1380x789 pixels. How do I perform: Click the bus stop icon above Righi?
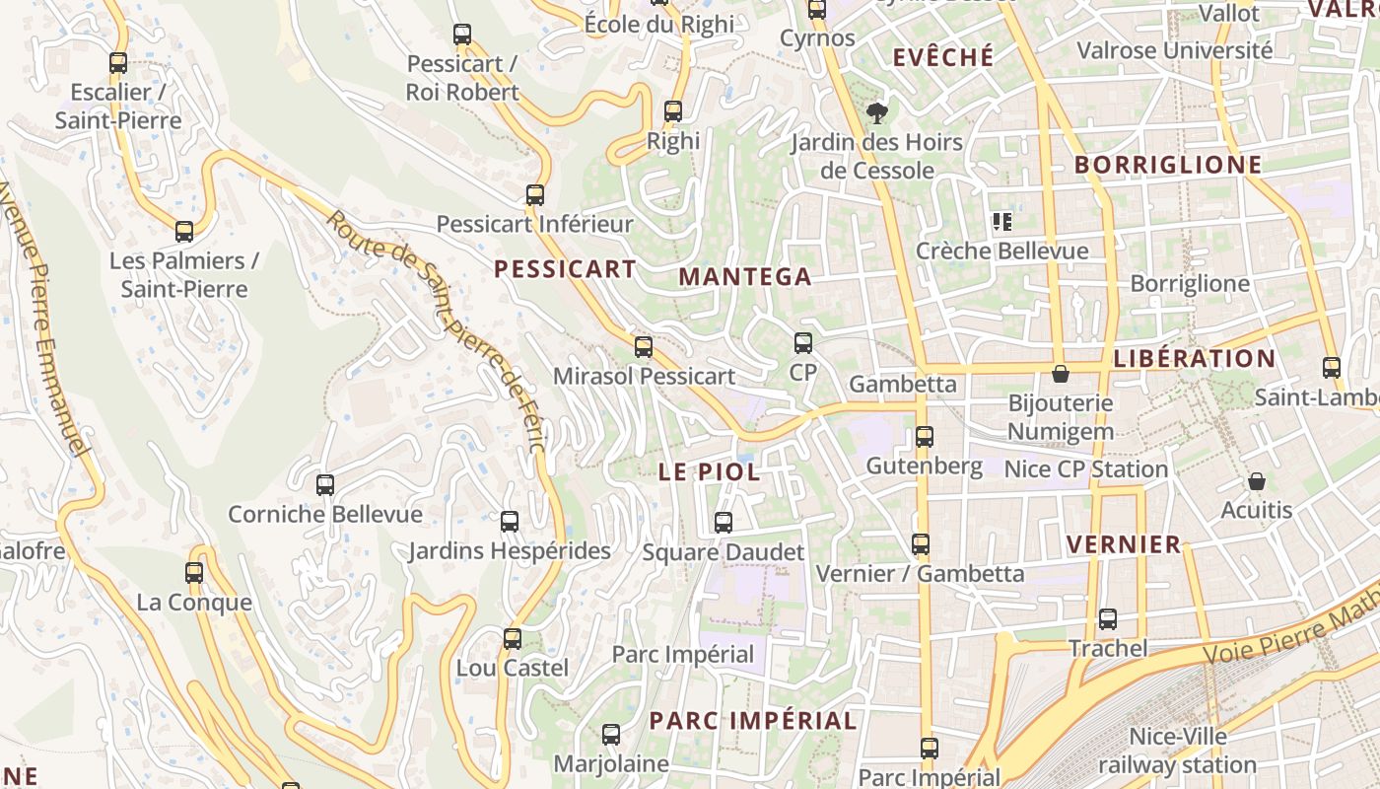pyautogui.click(x=673, y=111)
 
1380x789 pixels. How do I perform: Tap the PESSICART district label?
pyautogui.click(x=565, y=269)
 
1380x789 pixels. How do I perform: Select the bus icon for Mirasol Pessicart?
pyautogui.click(x=644, y=346)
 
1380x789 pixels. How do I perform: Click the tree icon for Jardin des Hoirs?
pyautogui.click(x=875, y=113)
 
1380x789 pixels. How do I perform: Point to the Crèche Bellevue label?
pyautogui.click(x=1002, y=251)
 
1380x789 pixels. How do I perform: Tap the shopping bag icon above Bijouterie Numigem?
pyautogui.click(x=1061, y=374)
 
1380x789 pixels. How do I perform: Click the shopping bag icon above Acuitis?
pyautogui.click(x=1256, y=481)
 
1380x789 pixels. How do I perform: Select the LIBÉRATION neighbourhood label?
pyautogui.click(x=1194, y=359)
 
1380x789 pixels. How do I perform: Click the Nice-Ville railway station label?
pyautogui.click(x=1177, y=751)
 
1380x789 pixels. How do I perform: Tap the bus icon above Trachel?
pyautogui.click(x=1108, y=619)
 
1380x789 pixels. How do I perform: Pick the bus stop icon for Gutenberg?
pyautogui.click(x=924, y=436)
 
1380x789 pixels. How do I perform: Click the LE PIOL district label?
pyautogui.click(x=709, y=472)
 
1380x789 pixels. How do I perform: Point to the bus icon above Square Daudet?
pyautogui.click(x=724, y=523)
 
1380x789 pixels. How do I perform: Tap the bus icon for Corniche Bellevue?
pyautogui.click(x=325, y=485)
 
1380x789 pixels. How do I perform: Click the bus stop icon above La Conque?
pyautogui.click(x=194, y=573)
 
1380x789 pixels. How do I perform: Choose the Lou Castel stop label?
pyautogui.click(x=512, y=668)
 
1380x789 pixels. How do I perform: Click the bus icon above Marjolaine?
pyautogui.click(x=611, y=735)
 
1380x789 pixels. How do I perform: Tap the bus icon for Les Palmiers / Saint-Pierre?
pyautogui.click(x=184, y=232)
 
